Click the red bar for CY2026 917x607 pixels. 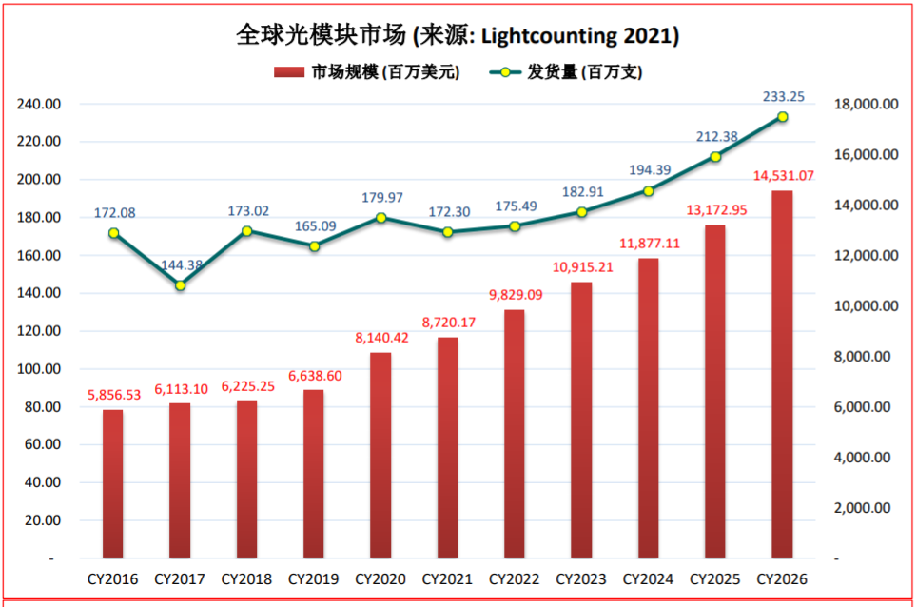click(782, 373)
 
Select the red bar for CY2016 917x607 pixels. click(113, 483)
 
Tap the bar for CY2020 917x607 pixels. click(380, 455)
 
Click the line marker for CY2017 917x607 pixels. click(181, 285)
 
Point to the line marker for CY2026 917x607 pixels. click(783, 117)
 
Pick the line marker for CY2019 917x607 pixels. click(314, 245)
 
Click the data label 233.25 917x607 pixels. click(784, 96)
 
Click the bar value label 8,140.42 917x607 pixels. click(380, 337)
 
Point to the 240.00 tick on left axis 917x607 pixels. click(39, 104)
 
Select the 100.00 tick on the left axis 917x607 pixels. click(39, 369)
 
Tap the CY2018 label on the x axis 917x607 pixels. click(246, 579)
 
